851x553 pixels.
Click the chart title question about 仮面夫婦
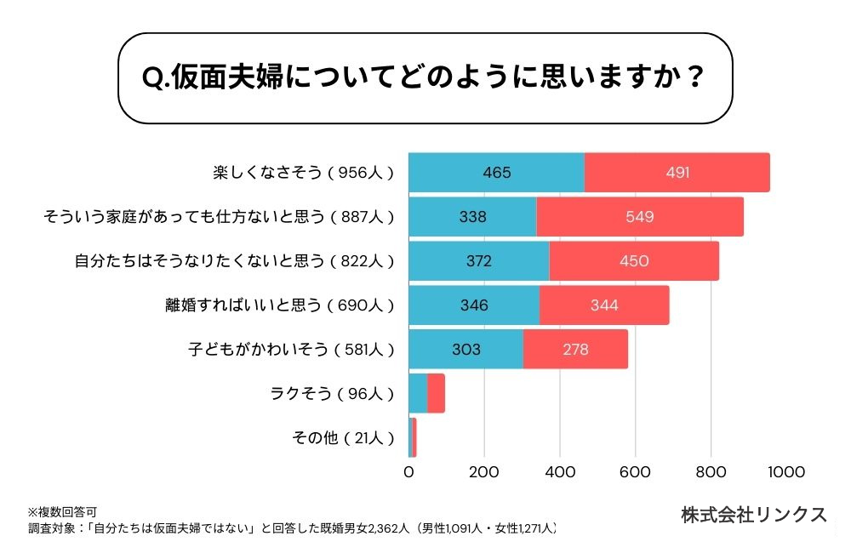pos(423,78)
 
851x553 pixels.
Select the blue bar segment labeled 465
pos(496,173)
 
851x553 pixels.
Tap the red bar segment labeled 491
pos(677,173)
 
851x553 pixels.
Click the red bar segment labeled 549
pos(640,217)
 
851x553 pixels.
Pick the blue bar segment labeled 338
pos(472,217)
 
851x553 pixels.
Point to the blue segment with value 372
pos(479,261)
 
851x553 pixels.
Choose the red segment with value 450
pos(634,261)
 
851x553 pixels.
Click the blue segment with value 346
pos(474,305)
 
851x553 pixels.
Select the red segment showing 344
pos(604,305)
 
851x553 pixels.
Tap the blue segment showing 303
pos(465,350)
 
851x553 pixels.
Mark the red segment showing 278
pos(575,350)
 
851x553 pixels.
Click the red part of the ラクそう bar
pos(436,394)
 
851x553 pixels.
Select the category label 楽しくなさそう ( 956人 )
pos(303,173)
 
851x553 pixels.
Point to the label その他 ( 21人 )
pos(343,438)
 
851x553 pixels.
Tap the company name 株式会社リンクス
pos(754,515)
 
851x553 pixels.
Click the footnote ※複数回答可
pos(62,512)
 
